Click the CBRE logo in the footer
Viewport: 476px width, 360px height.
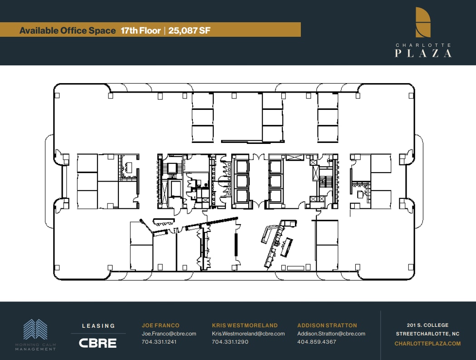click(x=98, y=343)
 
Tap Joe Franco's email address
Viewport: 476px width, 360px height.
click(x=169, y=334)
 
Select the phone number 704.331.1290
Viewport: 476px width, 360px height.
click(x=230, y=342)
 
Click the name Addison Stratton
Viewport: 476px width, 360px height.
click(x=327, y=325)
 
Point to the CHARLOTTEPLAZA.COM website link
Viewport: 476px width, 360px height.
click(x=427, y=344)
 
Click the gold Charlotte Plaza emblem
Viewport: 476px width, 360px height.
click(x=423, y=22)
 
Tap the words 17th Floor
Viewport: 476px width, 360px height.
click(x=141, y=31)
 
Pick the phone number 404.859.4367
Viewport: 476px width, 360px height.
click(x=317, y=342)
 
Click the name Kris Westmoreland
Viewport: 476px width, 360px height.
click(x=245, y=325)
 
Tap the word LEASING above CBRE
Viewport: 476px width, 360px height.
click(x=98, y=325)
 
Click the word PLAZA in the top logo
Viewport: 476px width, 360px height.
click(x=423, y=54)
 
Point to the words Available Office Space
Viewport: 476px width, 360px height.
click(x=68, y=31)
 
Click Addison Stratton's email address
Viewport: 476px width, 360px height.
click(x=331, y=334)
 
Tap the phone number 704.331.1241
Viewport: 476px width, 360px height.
click(x=159, y=342)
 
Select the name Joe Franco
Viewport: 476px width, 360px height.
click(x=161, y=325)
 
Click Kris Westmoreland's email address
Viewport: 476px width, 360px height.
click(x=248, y=334)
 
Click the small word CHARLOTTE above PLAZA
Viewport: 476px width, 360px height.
click(x=423, y=45)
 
